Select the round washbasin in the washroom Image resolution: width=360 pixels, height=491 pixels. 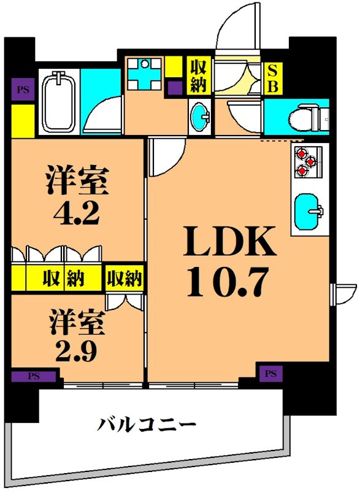[x=199, y=115]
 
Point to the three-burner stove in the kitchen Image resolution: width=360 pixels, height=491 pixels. [x=304, y=161]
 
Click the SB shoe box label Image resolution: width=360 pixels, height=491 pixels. [x=272, y=77]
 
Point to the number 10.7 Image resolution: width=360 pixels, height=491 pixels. [x=229, y=282]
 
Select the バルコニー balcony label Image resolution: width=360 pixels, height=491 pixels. [x=147, y=424]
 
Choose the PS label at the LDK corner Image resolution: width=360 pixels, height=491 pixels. [x=270, y=373]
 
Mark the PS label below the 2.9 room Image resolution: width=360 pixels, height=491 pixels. [x=34, y=376]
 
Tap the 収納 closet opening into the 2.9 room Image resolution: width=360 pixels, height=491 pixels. [x=124, y=279]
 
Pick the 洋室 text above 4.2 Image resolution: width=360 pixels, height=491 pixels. [x=77, y=180]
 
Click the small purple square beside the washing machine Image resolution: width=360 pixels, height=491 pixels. [x=175, y=88]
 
